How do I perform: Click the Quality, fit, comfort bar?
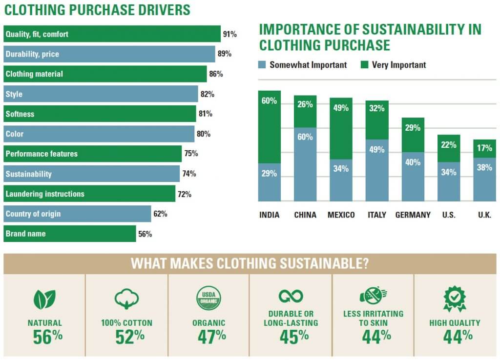(112, 34)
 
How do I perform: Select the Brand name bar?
(70, 234)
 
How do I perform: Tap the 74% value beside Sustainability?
(189, 174)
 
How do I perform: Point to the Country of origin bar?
(78, 214)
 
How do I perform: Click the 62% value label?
(160, 214)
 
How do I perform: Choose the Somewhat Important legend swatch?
(262, 65)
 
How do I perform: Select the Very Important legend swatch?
(364, 65)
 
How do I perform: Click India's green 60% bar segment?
(269, 127)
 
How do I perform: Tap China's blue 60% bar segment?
(305, 164)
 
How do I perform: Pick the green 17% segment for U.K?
(485, 148)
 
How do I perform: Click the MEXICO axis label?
(341, 215)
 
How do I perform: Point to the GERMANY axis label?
(413, 215)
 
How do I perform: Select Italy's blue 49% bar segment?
(377, 170)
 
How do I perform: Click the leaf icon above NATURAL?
(44, 299)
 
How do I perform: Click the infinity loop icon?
(291, 296)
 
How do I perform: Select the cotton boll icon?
(126, 299)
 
